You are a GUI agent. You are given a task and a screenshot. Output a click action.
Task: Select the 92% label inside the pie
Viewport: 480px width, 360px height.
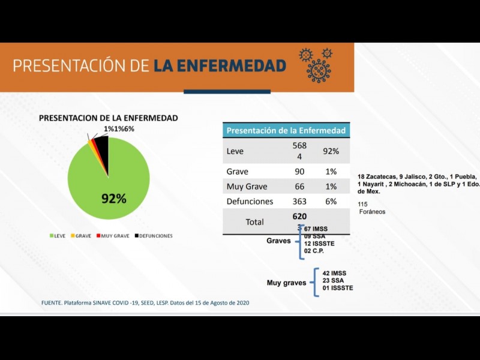pyautogui.click(x=113, y=199)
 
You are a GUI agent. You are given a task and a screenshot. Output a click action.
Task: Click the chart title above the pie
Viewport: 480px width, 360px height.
pyautogui.click(x=108, y=118)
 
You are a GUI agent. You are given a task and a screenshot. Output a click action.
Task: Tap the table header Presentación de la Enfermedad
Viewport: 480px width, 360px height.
pyautogui.click(x=286, y=130)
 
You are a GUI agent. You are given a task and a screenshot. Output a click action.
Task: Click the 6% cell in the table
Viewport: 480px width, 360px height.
pyautogui.click(x=331, y=202)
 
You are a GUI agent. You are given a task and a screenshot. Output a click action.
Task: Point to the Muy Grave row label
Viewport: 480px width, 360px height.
pyautogui.click(x=247, y=187)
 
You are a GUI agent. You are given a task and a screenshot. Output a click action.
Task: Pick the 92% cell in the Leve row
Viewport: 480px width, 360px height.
pyautogui.click(x=331, y=151)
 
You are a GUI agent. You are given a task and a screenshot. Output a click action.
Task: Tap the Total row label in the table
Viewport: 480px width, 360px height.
pyautogui.click(x=254, y=222)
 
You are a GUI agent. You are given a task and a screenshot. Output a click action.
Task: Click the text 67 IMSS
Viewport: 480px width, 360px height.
pyautogui.click(x=316, y=229)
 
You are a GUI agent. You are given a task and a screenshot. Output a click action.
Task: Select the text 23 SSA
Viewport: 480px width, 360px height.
pyautogui.click(x=334, y=280)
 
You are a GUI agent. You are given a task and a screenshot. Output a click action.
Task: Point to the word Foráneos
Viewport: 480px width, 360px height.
pyautogui.click(x=372, y=212)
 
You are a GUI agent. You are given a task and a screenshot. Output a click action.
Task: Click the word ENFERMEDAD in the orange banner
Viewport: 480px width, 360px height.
pyautogui.click(x=220, y=65)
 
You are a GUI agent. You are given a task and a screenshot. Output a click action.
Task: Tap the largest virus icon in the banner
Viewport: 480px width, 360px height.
pyautogui.click(x=319, y=70)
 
